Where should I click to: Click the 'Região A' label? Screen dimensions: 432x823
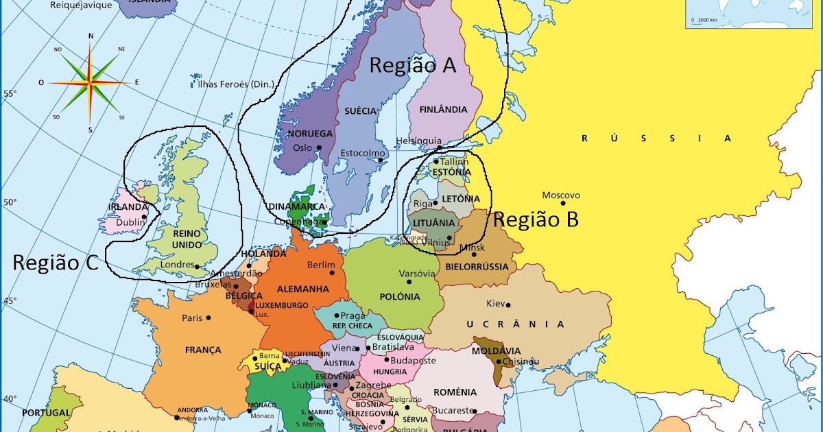(x=412, y=65)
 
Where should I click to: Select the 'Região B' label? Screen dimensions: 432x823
(x=536, y=219)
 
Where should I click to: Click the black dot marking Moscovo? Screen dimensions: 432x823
(x=563, y=203)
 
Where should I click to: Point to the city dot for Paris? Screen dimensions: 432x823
(x=208, y=317)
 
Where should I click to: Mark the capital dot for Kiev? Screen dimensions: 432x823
(x=508, y=305)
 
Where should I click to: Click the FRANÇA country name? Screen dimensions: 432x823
(x=203, y=350)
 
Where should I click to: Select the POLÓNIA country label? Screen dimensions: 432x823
(x=399, y=297)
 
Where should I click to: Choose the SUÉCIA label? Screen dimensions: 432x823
(x=361, y=110)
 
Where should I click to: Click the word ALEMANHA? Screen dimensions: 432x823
(x=302, y=289)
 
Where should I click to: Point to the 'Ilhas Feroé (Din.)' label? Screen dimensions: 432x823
(x=235, y=84)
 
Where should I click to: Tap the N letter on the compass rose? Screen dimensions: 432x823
(x=91, y=36)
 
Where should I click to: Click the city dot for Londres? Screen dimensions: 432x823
(x=197, y=266)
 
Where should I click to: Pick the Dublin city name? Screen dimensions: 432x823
(x=130, y=222)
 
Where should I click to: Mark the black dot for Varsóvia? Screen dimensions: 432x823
(x=409, y=281)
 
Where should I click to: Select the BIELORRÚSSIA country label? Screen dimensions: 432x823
(x=477, y=266)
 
